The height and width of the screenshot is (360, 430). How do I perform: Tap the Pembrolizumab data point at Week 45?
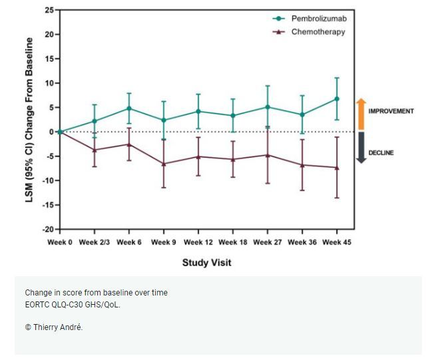coord(337,99)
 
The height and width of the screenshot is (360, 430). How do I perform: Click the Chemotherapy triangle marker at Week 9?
coord(164,164)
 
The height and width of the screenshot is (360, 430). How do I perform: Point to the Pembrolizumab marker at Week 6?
coord(129,108)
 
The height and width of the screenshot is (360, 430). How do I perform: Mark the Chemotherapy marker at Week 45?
coord(337,168)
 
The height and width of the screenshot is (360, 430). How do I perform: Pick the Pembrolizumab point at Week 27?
coord(268,107)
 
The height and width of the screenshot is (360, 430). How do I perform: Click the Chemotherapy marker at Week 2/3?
coord(95,150)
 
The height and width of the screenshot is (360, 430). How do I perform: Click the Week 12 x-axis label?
coord(198,242)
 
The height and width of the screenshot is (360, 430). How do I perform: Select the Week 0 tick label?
coord(60,242)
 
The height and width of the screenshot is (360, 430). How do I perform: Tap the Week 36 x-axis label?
coord(302,242)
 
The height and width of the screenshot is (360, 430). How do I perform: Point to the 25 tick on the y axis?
coord(49,10)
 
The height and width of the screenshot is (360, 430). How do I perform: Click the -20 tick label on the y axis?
coord(47,230)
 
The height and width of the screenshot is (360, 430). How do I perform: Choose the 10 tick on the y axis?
coord(49,83)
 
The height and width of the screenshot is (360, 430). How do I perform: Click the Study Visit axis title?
coord(207,262)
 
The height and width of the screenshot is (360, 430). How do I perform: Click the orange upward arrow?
coord(361,112)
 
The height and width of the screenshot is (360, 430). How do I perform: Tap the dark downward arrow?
coord(361,148)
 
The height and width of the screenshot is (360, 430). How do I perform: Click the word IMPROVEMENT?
coord(391,111)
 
